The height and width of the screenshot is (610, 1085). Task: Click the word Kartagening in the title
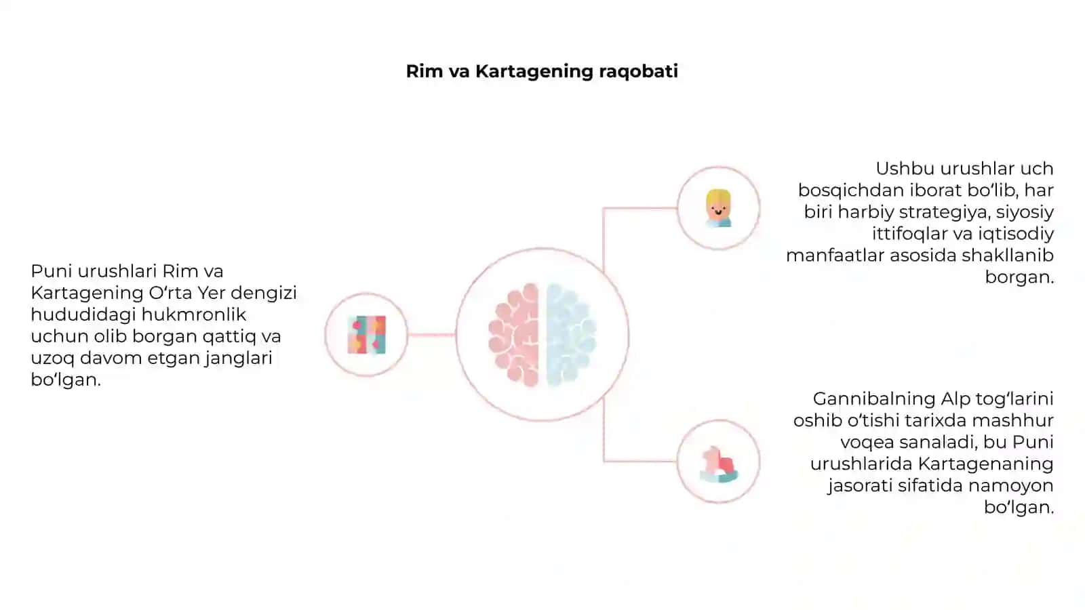click(534, 72)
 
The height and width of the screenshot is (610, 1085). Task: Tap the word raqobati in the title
click(638, 72)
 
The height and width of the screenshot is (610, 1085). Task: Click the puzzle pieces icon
click(367, 335)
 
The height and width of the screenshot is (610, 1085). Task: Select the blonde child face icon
click(718, 208)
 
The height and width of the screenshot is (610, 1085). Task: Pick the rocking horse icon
click(719, 464)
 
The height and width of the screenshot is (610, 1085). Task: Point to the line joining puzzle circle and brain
click(431, 335)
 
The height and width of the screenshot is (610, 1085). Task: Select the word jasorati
click(860, 485)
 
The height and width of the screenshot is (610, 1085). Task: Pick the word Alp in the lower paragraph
click(956, 399)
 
